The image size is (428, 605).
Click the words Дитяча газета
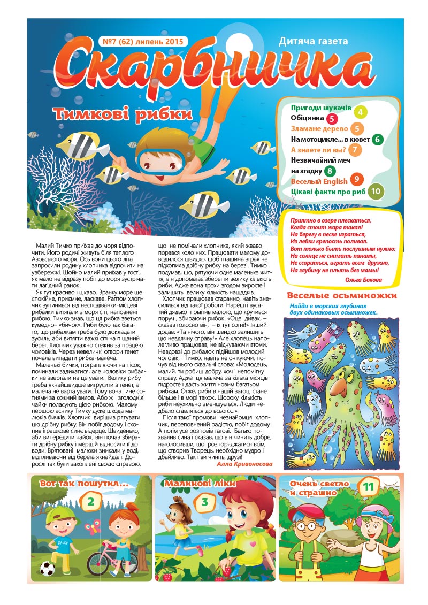tap(313, 41)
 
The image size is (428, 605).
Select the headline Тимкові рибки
tap(123, 114)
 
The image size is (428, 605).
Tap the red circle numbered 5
tap(332, 119)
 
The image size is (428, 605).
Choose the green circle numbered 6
tap(378, 140)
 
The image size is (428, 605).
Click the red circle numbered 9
tap(356, 180)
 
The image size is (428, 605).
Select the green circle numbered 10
tap(377, 191)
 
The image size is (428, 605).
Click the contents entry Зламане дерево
tap(319, 129)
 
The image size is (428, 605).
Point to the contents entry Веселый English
tap(319, 181)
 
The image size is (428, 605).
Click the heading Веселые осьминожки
tap(342, 296)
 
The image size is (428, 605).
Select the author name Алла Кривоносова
tap(244, 464)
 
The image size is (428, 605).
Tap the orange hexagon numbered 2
tap(91, 501)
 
